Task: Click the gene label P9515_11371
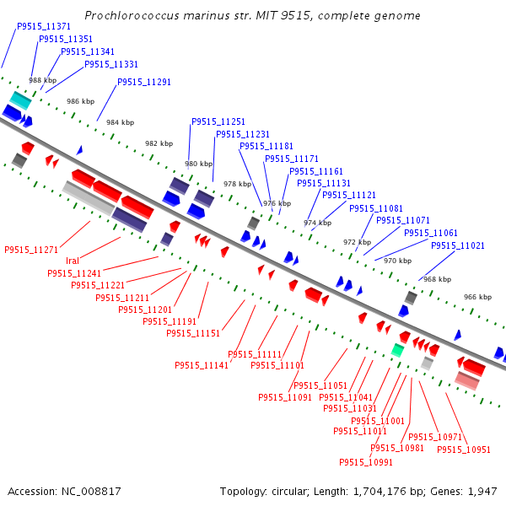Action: pos(44,26)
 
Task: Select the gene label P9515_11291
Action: pos(144,82)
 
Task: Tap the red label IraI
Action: pos(73,261)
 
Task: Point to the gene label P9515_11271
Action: pos(31,250)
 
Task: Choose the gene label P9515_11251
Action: pos(218,121)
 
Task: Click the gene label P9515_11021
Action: pos(458,245)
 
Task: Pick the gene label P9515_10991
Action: pos(366,462)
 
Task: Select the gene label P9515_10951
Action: pos(464,449)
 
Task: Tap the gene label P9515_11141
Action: pos(202,365)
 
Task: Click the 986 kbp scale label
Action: pos(81,101)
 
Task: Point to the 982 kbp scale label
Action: pos(159,143)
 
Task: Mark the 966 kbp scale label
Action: pos(478,297)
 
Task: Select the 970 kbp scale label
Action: pos(397,261)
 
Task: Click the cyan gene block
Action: pos(20,100)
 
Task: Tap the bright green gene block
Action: pos(397,350)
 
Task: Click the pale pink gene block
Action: pos(467,381)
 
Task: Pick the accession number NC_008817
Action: pos(91,491)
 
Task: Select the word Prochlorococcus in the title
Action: pos(132,15)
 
